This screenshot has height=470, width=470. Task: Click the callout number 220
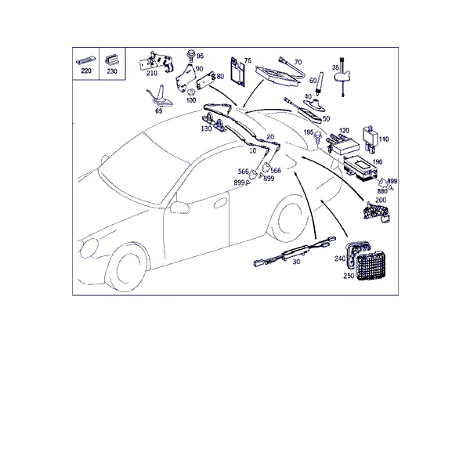click(86, 70)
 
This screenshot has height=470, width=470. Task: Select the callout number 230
click(112, 71)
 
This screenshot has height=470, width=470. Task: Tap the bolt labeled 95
click(190, 56)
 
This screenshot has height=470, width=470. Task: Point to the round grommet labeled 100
click(190, 92)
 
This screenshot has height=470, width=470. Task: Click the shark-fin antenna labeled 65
click(161, 97)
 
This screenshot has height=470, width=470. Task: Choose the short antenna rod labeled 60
click(320, 83)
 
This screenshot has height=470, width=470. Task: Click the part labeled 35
click(342, 76)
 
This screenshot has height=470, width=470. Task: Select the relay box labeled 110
click(371, 138)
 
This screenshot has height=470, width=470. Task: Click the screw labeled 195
click(316, 138)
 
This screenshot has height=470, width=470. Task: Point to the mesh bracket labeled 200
click(376, 213)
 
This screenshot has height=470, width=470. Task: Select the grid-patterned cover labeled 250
click(373, 267)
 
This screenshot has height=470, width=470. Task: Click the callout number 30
click(296, 262)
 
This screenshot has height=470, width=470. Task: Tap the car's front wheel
click(128, 266)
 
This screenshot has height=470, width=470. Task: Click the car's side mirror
click(179, 208)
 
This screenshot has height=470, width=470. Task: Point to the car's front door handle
click(220, 203)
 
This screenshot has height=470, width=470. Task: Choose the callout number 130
click(206, 128)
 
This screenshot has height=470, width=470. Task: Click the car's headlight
click(89, 248)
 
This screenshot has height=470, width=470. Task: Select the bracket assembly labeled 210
click(156, 62)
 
